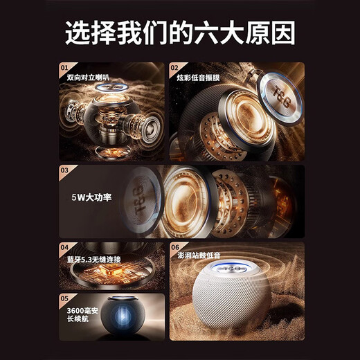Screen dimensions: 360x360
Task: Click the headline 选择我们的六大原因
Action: tap(179, 33)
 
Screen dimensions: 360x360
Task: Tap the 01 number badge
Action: tap(64, 69)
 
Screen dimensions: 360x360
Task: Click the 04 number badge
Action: tap(64, 247)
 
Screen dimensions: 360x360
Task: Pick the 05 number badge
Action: tap(64, 300)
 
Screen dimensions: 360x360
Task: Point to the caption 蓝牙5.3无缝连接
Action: tap(93, 258)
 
